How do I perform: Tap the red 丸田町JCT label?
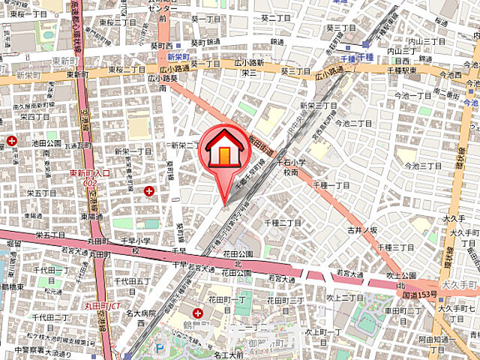point(101,306)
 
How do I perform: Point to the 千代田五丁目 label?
point(133,281)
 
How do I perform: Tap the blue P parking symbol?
point(158,347)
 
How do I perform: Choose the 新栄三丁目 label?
point(317,106)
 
